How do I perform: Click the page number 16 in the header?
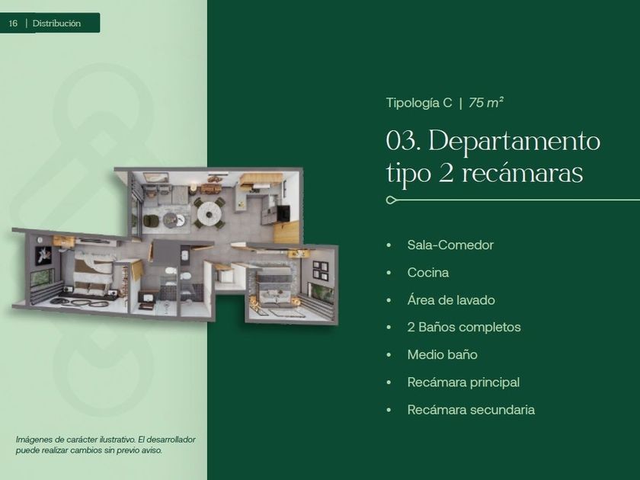tap(13, 24)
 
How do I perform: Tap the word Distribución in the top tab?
tap(56, 24)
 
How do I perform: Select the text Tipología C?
tap(419, 103)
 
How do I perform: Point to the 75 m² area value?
tap(486, 102)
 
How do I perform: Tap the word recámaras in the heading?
tap(522, 173)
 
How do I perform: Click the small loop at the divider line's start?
tap(391, 200)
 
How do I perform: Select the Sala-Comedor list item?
tap(450, 245)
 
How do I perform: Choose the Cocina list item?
tap(427, 273)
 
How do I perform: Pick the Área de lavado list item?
tap(451, 300)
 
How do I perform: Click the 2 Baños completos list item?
tap(464, 328)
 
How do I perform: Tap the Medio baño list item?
tap(442, 355)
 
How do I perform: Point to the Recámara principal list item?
tap(463, 382)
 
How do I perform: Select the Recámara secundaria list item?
tap(471, 410)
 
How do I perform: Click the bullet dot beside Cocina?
tap(389, 273)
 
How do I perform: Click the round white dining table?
tap(208, 213)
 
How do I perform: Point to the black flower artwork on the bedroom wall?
tap(43, 255)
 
